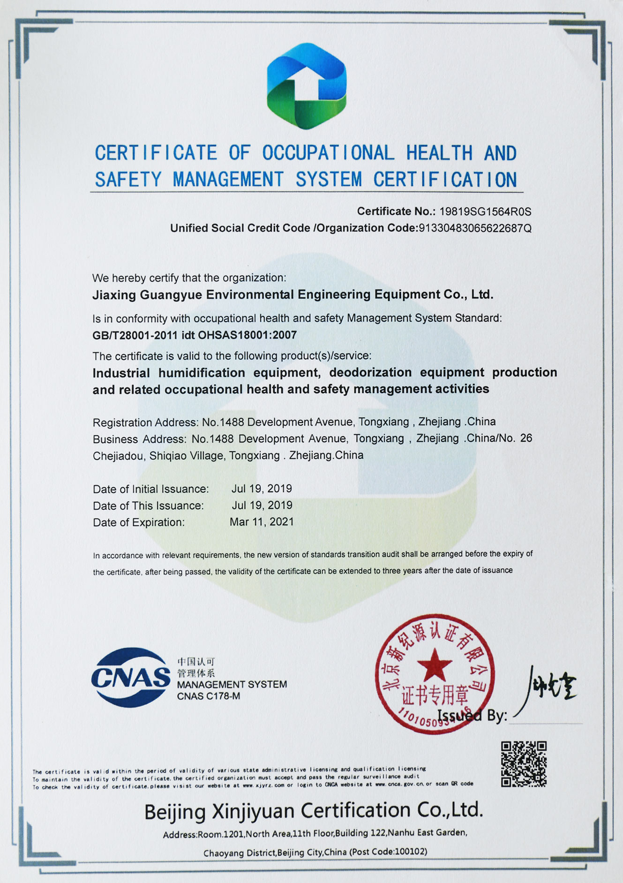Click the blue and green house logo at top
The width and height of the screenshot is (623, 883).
coord(307,86)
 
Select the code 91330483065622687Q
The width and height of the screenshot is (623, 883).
coord(474,228)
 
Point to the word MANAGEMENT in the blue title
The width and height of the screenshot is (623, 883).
coord(228,180)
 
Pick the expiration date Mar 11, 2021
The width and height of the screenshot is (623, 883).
coord(262,522)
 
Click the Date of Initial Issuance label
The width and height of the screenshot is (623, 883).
coord(150,489)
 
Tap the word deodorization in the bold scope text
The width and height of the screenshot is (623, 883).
coord(370,372)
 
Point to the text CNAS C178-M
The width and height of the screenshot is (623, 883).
coord(208,696)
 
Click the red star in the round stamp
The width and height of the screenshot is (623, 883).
coord(434,664)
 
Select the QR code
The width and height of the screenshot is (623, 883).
coord(524,763)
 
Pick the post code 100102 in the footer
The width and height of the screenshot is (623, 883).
coord(411,852)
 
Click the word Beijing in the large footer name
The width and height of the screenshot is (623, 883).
coord(174,812)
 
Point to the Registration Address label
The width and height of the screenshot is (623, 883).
coord(144,423)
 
